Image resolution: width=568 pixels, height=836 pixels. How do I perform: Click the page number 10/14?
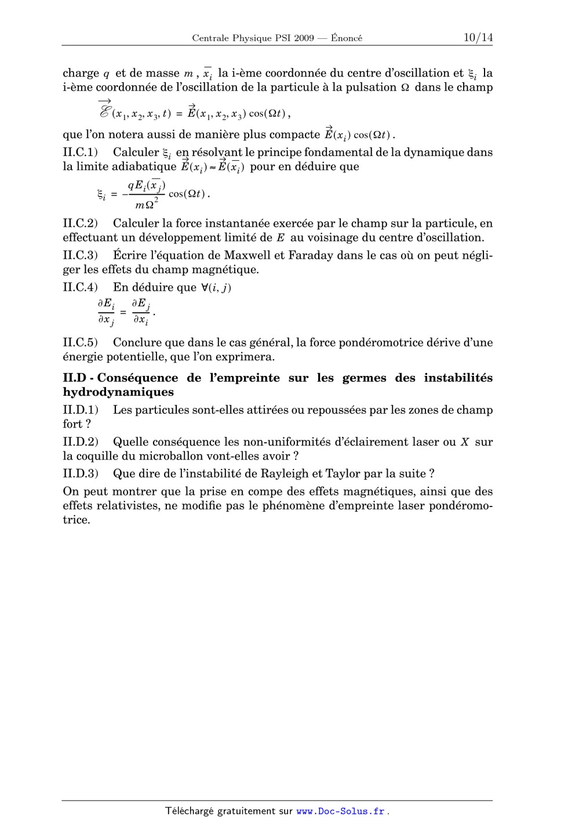click(478, 38)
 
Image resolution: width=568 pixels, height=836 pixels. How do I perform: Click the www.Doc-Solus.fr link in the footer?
click(341, 811)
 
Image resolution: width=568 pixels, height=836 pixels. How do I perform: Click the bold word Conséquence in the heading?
click(137, 378)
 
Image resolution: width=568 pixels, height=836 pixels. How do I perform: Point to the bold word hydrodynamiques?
click(118, 392)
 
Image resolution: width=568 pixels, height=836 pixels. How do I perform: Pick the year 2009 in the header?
click(304, 38)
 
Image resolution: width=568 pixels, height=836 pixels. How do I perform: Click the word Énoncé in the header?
click(347, 38)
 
